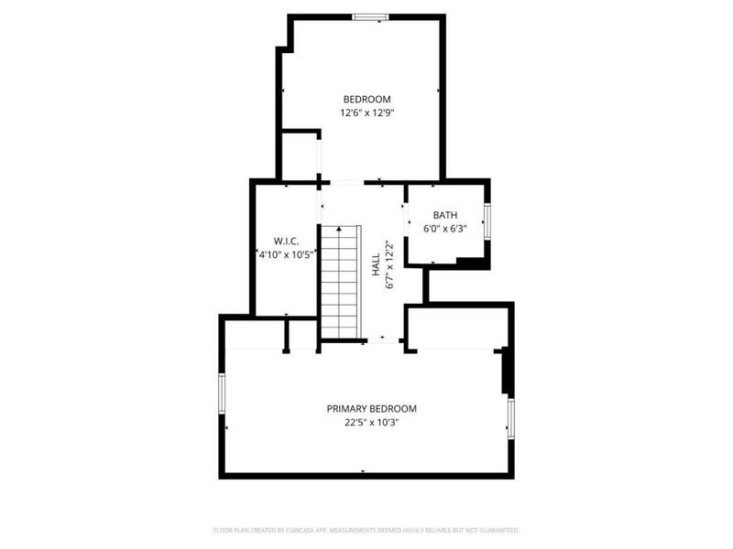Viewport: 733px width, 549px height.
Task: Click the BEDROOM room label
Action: click(x=366, y=99)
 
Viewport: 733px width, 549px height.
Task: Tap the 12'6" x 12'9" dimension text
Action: click(x=366, y=113)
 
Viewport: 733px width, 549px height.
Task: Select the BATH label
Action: click(x=445, y=215)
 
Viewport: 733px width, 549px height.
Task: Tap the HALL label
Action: click(x=376, y=265)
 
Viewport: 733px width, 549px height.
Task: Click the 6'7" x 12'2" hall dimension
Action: click(x=389, y=265)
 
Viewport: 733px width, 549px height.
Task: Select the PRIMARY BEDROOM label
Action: click(x=372, y=409)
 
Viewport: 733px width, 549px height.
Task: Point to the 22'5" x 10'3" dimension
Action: click(x=372, y=423)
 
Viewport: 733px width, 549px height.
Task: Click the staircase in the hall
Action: click(x=341, y=282)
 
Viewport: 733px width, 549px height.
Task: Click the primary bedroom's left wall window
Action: click(x=221, y=393)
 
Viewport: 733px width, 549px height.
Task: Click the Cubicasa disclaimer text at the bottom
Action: click(x=366, y=530)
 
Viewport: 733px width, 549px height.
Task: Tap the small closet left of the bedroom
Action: click(x=299, y=156)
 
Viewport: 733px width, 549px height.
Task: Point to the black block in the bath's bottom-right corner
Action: click(x=471, y=264)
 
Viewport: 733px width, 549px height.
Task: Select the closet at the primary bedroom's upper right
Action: click(x=456, y=328)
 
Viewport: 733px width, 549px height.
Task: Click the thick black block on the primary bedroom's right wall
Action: click(x=505, y=371)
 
